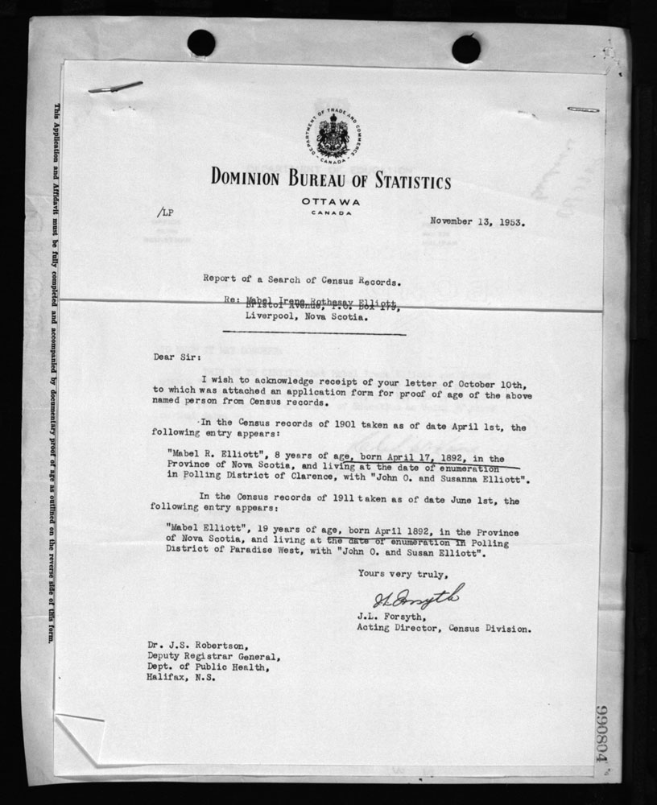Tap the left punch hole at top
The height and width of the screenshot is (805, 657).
(200, 43)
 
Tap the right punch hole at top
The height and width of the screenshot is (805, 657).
(465, 48)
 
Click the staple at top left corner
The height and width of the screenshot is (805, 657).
(115, 86)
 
